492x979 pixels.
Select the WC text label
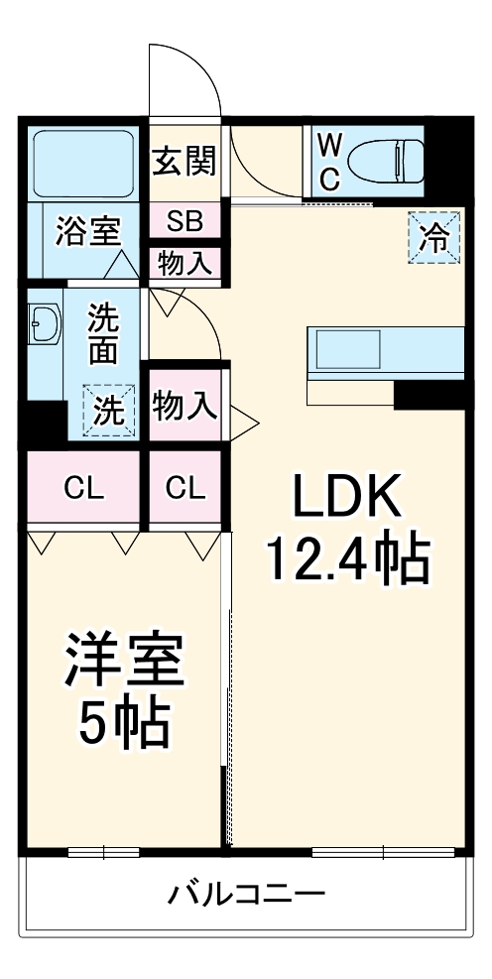[x=330, y=162]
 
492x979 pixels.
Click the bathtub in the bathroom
[x=83, y=161]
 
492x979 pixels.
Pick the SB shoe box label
[x=184, y=220]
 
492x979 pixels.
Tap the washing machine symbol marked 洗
[x=108, y=411]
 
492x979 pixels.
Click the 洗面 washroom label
[x=103, y=333]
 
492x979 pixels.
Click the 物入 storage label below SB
[x=184, y=264]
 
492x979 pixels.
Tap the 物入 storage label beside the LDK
[x=184, y=406]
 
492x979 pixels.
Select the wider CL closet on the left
[x=83, y=488]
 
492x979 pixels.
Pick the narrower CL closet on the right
[x=185, y=488]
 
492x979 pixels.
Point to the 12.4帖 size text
[x=346, y=560]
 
